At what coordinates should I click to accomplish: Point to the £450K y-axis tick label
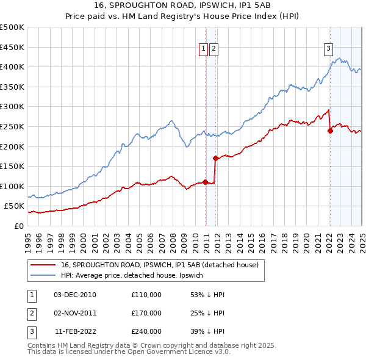coord(12,47)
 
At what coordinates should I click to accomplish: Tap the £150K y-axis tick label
coord(12,166)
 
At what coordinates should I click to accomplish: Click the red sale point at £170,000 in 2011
coord(215,158)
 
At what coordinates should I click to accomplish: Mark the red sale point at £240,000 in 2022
coord(330,130)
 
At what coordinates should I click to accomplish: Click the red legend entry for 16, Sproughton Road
coord(160,265)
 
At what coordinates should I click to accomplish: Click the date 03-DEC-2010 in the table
coord(75,295)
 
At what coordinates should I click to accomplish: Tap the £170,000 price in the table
coord(146,313)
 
